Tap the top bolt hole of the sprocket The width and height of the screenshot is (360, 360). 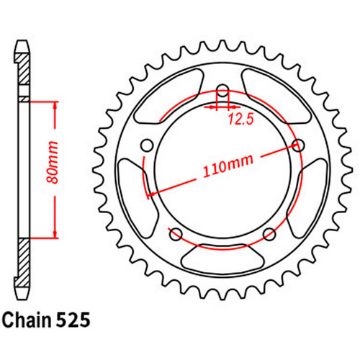pos(222,91)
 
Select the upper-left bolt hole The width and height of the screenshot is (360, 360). pos(148,145)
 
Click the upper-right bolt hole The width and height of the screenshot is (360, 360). pos(297,145)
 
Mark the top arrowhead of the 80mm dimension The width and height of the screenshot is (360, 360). pos(55,103)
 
